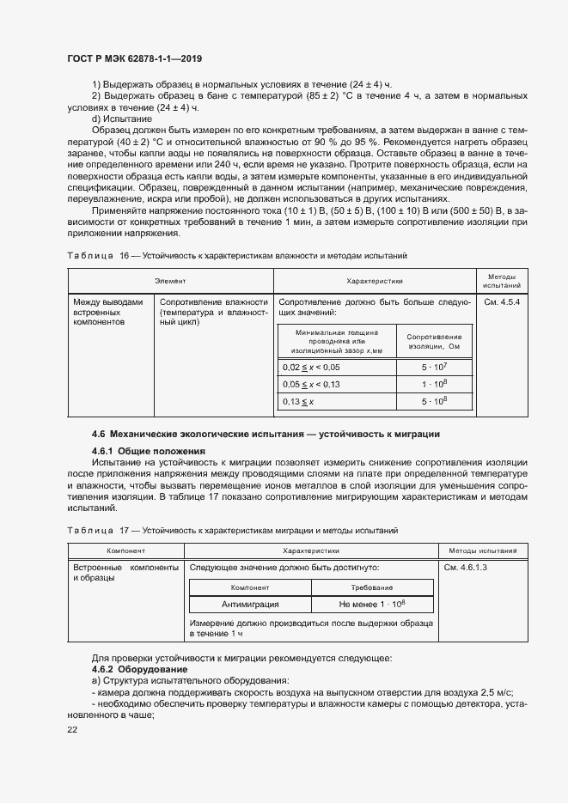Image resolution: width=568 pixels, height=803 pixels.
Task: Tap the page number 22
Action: pos(72,729)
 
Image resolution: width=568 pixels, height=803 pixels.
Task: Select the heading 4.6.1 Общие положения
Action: pos(149,451)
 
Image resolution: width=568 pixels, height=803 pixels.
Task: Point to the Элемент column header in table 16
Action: pos(170,281)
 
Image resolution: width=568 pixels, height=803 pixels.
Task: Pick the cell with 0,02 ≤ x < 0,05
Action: pos(311,367)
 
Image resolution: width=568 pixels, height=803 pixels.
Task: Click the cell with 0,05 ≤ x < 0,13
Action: pos(311,384)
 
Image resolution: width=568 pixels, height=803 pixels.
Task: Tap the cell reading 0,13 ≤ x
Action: pos(299,401)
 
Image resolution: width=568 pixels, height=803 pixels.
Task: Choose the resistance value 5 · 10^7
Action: pos(434,367)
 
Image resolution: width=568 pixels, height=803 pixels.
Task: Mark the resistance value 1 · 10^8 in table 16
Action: pos(434,384)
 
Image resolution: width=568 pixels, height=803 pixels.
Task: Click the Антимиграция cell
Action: pos(250,605)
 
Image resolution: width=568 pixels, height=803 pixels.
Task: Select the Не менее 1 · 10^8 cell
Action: pos(372,605)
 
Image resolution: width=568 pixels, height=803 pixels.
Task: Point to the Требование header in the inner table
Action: pos(372,587)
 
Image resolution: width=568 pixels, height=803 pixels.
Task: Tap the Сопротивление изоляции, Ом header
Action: pos(434,341)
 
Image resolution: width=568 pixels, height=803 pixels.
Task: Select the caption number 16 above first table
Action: pos(125,256)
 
